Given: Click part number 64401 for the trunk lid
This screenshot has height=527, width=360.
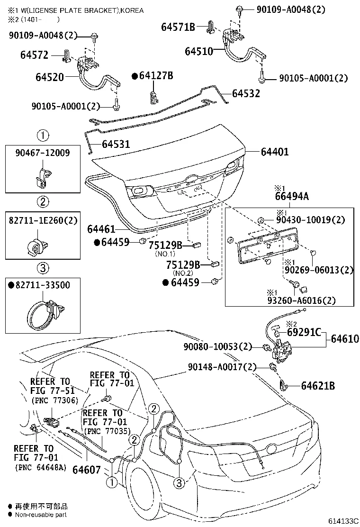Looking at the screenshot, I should point(274,152).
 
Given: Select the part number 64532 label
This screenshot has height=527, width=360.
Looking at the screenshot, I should point(246,94).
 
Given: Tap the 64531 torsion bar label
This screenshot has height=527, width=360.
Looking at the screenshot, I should point(116,144).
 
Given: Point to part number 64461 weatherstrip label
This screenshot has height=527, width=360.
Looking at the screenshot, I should point(101,229).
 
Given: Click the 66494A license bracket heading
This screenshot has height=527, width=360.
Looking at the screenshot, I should point(292,196).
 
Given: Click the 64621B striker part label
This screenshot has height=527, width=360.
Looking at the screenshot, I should point(318,386).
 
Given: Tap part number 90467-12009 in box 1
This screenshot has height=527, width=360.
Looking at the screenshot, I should point(43,153).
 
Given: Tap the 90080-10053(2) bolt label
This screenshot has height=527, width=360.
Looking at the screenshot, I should point(218,347).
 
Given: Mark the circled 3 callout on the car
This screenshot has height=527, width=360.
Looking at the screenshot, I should point(179,483).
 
